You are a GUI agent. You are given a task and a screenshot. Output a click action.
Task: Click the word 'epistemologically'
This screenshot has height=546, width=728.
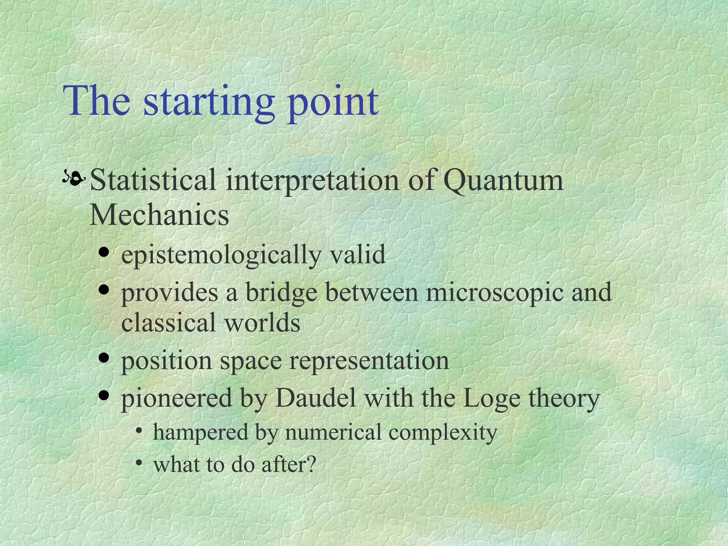click(x=221, y=255)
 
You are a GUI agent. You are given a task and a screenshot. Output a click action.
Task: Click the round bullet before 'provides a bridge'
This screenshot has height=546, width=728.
click(x=104, y=290)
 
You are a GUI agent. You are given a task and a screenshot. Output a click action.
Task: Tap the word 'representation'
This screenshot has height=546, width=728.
click(x=369, y=361)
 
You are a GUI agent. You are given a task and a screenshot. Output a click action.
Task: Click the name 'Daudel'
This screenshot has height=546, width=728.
click(x=316, y=398)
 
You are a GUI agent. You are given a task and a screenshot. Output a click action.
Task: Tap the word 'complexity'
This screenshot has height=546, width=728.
click(x=443, y=433)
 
